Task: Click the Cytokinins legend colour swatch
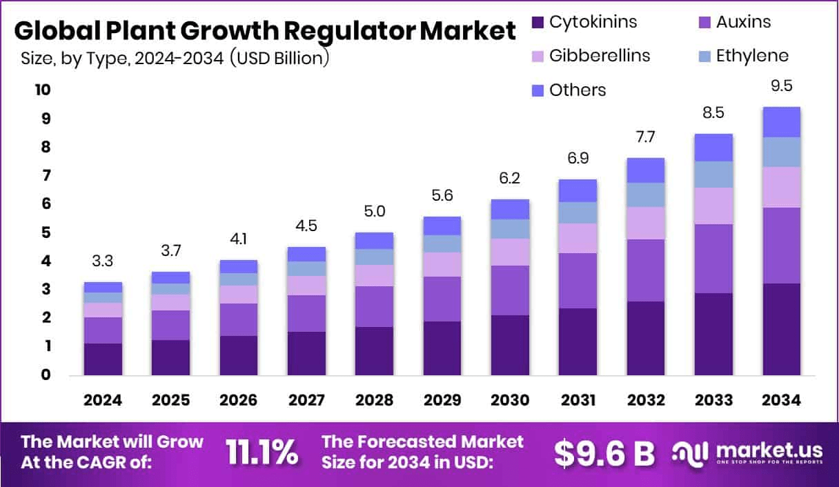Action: point(538,22)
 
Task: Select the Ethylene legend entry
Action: point(752,55)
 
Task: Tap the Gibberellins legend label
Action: point(600,55)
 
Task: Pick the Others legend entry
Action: point(578,90)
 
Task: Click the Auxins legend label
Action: point(743,22)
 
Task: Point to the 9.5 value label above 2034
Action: point(781,88)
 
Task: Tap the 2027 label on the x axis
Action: point(306,401)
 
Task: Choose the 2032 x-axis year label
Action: point(646,401)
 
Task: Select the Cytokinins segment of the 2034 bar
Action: point(781,330)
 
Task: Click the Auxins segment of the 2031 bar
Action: point(578,281)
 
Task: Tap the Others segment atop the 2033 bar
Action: point(713,148)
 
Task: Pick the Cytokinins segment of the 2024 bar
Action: point(103,359)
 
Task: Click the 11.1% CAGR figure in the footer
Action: point(262,453)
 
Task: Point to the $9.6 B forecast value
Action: point(604,453)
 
